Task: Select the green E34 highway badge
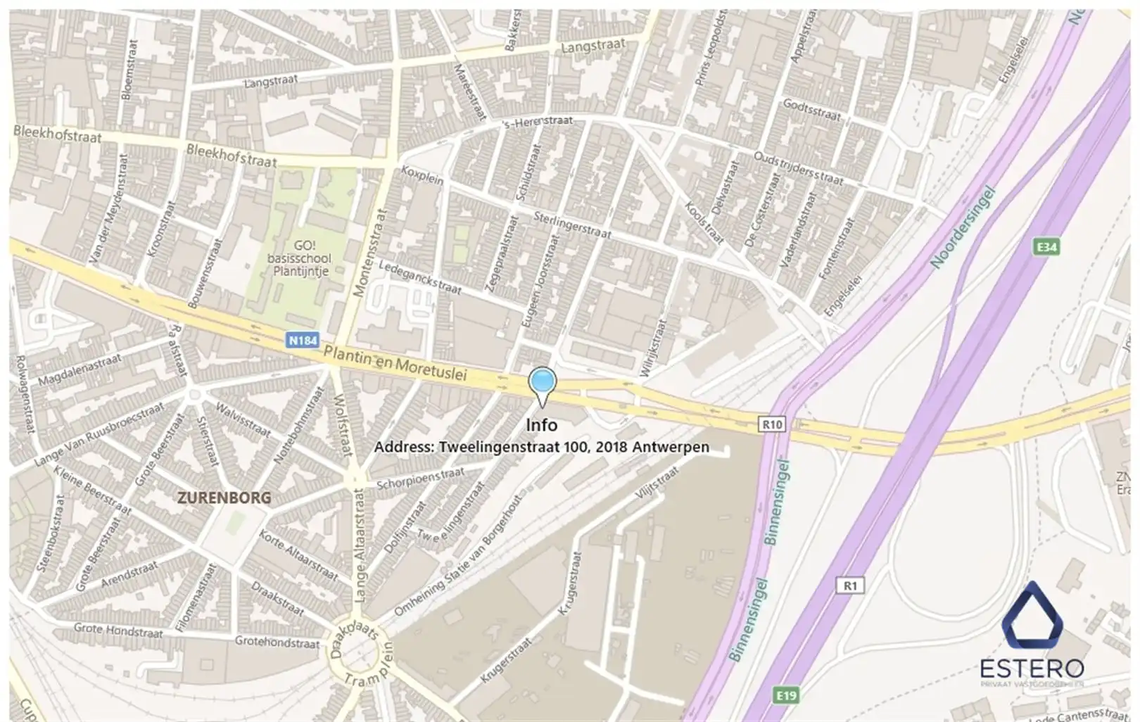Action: pos(1047,247)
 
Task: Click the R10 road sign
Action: pos(772,424)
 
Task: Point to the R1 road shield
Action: pos(851,585)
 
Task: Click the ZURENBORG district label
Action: pos(224,498)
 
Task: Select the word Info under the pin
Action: pos(542,425)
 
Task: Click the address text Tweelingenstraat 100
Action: pos(541,447)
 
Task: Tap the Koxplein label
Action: pos(422,175)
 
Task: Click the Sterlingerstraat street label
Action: pos(572,224)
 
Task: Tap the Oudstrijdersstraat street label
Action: pos(798,168)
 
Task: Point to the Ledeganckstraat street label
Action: pos(420,278)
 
